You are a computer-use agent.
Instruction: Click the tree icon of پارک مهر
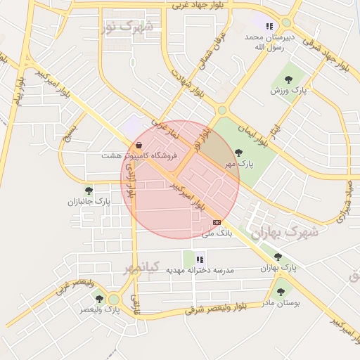(x=238, y=153)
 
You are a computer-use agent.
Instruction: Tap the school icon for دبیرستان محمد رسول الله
(x=269, y=26)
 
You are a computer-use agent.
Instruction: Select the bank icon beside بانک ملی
(x=217, y=222)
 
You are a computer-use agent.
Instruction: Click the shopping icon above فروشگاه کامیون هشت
(x=139, y=146)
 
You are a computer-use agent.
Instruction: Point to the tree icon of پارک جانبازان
(x=89, y=191)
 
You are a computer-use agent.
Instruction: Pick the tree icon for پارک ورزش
(x=288, y=79)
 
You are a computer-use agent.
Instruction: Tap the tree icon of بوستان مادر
(x=281, y=291)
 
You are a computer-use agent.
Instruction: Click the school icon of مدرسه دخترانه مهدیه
(x=200, y=259)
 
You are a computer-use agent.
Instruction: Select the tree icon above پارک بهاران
(x=278, y=257)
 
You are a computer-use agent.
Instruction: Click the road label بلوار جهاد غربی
(x=199, y=4)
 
